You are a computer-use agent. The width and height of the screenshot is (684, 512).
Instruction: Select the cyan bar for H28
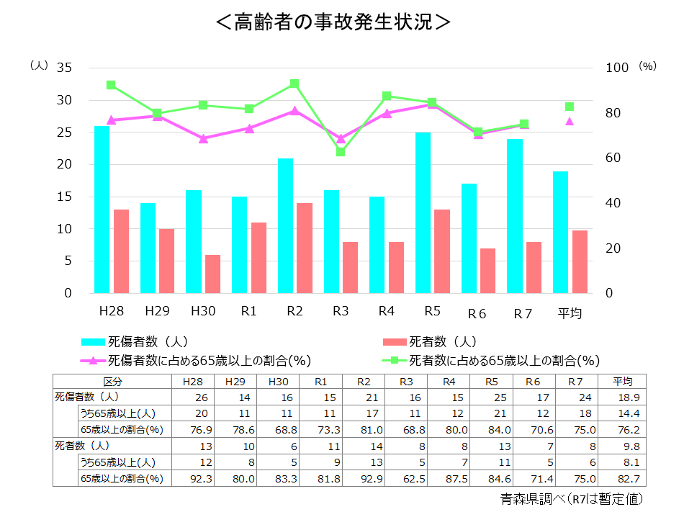102,210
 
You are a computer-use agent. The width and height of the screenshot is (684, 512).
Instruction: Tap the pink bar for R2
305,248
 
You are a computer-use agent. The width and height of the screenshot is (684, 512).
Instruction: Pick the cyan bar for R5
423,212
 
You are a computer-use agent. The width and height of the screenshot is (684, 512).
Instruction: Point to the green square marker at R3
341,152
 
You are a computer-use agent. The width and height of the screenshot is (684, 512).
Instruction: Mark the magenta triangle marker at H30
203,138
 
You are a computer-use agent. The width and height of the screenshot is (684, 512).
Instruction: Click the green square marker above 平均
570,107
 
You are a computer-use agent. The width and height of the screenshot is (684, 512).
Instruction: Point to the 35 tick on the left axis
64,68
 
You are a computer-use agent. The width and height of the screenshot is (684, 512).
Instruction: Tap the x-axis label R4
387,312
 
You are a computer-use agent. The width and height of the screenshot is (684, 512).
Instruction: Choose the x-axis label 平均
570,313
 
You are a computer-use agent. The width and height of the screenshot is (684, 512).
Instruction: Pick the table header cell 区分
113,382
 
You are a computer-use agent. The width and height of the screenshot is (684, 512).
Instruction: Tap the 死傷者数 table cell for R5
491,398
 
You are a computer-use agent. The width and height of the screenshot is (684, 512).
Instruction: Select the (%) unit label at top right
648,66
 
